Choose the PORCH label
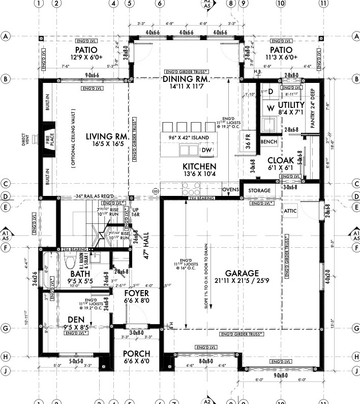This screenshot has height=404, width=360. [136, 354]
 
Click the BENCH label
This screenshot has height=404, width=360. [268, 141]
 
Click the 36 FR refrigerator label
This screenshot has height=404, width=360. [249, 143]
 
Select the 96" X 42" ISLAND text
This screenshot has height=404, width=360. [186, 136]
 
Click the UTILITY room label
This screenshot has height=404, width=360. [290, 105]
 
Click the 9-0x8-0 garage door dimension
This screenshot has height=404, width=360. [280, 376]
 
